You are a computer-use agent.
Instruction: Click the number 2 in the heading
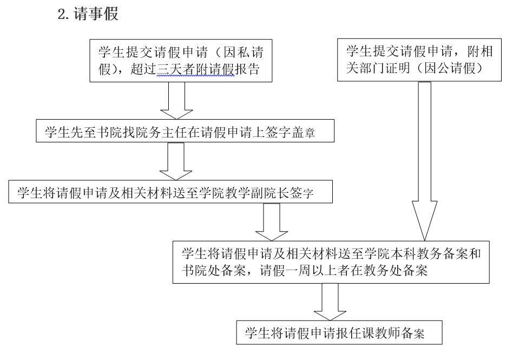click(61, 15)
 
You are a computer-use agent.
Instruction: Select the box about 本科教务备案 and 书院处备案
click(333, 261)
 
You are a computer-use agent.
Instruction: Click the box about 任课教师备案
click(339, 333)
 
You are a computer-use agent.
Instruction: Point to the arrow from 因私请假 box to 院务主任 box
click(177, 101)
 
